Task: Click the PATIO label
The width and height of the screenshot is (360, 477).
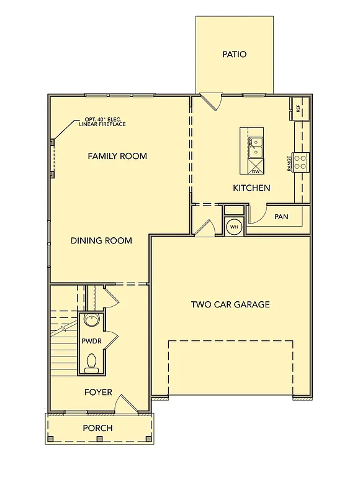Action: [x=234, y=55]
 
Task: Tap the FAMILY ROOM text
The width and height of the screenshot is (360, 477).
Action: [x=117, y=156]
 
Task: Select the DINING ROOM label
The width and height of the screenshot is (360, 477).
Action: [x=101, y=240]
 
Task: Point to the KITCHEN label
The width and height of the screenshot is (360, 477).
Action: [x=251, y=188]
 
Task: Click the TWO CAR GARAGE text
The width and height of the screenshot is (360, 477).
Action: [x=230, y=304]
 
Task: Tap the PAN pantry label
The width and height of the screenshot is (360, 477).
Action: [x=281, y=217]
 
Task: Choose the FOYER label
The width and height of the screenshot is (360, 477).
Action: [x=98, y=392]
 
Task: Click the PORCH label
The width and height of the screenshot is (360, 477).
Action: [x=98, y=428]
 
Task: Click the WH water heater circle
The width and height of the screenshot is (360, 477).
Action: [x=234, y=227]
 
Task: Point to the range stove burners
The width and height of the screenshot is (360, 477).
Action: [x=300, y=162]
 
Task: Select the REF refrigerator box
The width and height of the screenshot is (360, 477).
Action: [x=298, y=108]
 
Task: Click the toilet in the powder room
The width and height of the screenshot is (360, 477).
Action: [x=91, y=363]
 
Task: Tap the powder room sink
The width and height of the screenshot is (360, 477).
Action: [x=91, y=321]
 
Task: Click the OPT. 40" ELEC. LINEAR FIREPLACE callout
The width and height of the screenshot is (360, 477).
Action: [x=105, y=122]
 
